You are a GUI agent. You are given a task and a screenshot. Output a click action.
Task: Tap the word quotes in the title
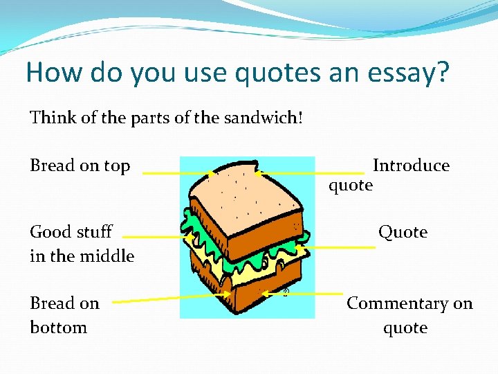pyautogui.click(x=259, y=73)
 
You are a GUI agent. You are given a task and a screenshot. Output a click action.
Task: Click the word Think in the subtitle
pyautogui.click(x=52, y=118)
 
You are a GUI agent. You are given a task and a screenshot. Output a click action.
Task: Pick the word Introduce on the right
pyautogui.click(x=411, y=166)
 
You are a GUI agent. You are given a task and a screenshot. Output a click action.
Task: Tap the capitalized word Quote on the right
pyautogui.click(x=403, y=232)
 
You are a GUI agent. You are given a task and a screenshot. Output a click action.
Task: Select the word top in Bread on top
pyautogui.click(x=116, y=166)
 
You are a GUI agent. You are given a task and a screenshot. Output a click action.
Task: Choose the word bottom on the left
pyautogui.click(x=58, y=327)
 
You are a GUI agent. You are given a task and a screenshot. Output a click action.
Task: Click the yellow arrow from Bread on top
pyautogui.click(x=177, y=173)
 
